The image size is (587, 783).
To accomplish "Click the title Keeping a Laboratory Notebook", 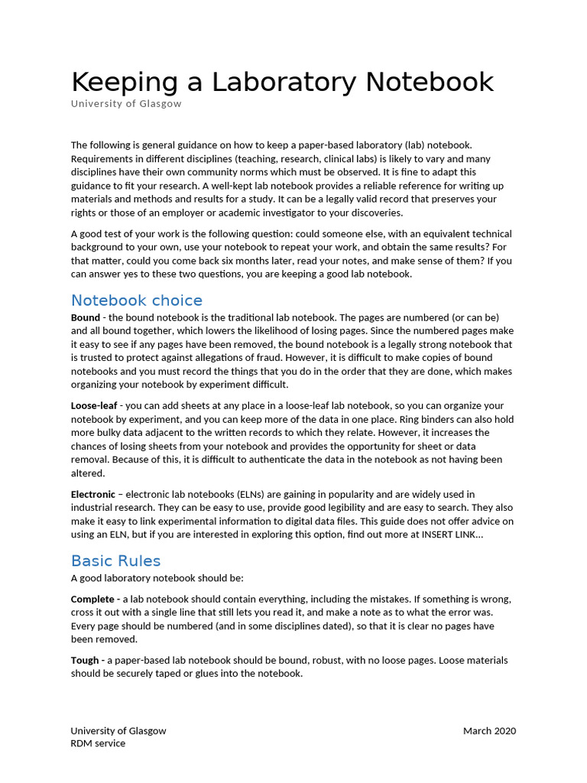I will coord(282,82).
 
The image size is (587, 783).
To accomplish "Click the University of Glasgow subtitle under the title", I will coord(126,104).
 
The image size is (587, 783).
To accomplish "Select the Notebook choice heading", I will coord(137,300).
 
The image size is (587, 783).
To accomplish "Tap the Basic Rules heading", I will coord(115,560).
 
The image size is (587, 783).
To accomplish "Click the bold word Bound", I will coord(85,317).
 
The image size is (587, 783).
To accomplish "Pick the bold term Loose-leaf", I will coord(94,406).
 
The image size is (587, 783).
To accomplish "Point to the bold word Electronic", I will coord(93,495).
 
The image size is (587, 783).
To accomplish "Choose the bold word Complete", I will coord(93,599).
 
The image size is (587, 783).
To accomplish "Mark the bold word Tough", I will coord(85,660).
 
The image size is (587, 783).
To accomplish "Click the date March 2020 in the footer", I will coord(489,730).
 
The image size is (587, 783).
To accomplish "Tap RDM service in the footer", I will coord(98,743).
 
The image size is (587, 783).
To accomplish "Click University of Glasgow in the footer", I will coord(118,730).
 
